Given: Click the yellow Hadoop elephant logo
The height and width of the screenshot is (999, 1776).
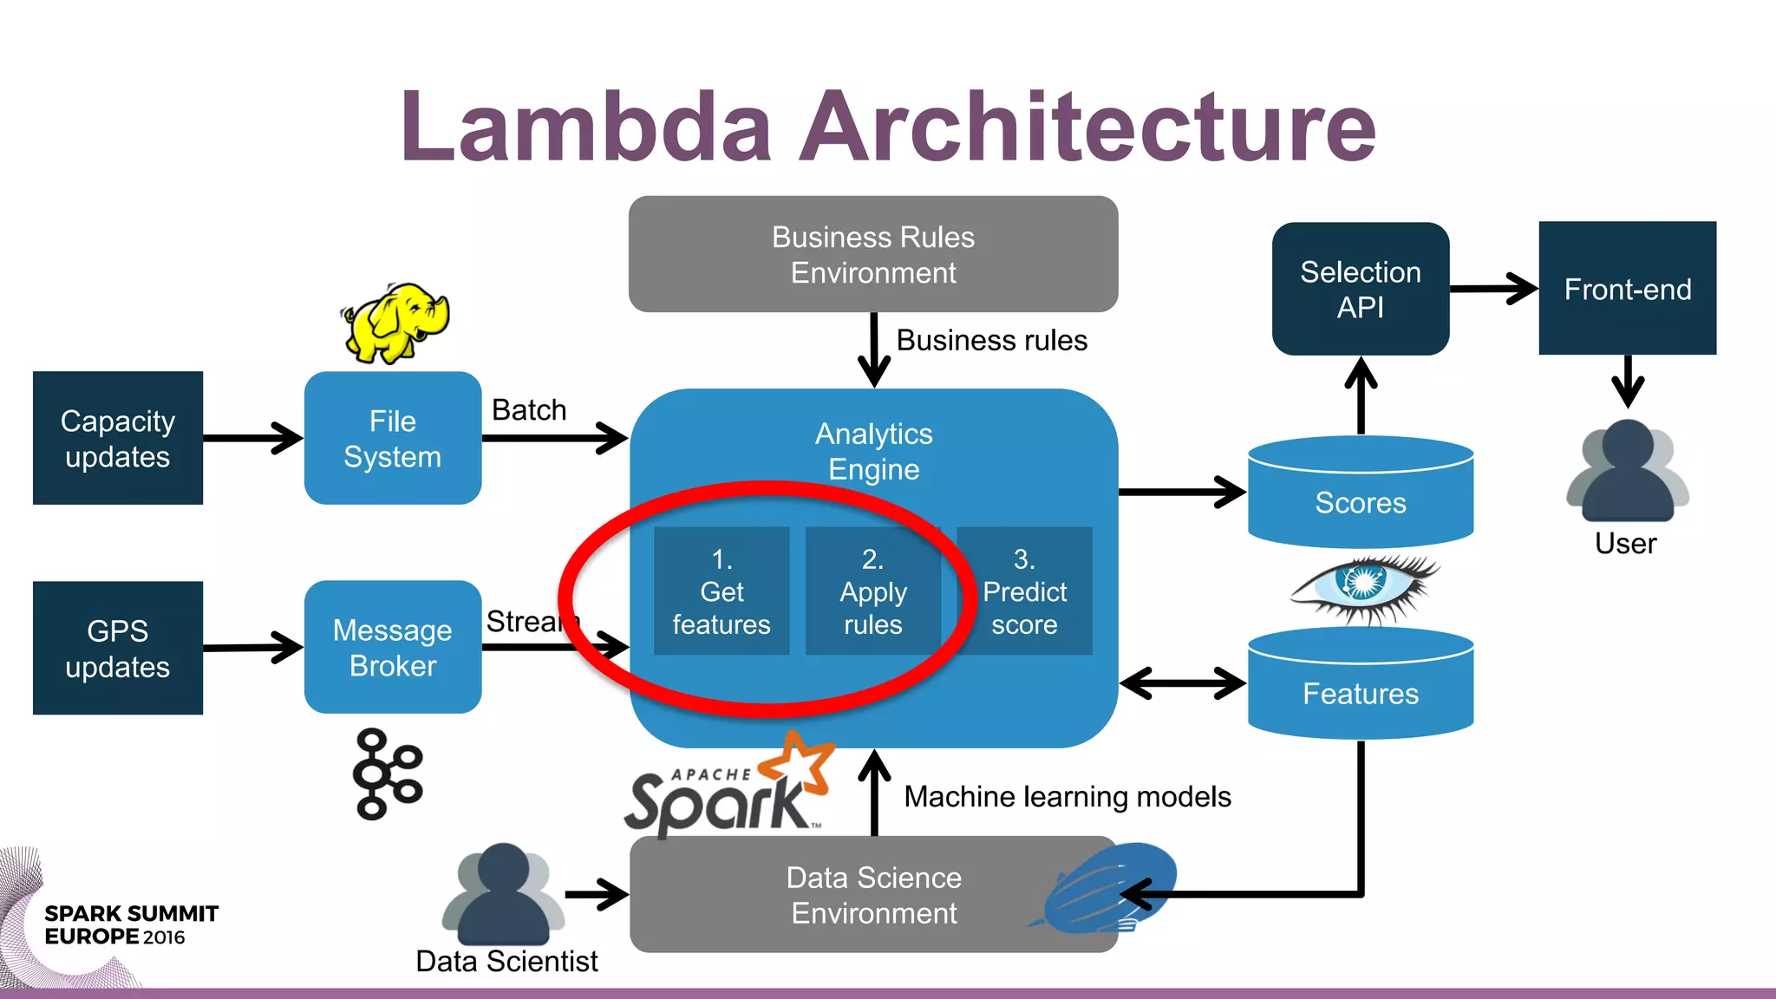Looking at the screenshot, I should coord(395,323).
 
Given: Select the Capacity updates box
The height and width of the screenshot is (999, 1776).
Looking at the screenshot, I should coord(118,438).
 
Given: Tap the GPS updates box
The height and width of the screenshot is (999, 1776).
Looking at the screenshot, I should coord(118,648).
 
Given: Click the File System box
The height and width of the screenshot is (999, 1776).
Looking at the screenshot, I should coord(393,438).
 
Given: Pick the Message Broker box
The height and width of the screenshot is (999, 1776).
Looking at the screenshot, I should coord(393,647).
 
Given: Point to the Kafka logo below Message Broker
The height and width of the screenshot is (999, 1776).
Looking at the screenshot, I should coord(387,774).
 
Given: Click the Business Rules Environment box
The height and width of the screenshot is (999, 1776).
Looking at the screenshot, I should coord(873,254).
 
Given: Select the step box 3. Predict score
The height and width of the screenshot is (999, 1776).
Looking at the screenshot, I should coord(1024,591).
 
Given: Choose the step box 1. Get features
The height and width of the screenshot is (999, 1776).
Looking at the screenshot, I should coord(721,591).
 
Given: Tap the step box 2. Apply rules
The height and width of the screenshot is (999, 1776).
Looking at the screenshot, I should coord(873,591).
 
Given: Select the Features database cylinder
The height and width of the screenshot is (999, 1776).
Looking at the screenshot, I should coord(1361,685).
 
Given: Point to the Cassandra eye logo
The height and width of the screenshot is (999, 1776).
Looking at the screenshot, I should coord(1364,587).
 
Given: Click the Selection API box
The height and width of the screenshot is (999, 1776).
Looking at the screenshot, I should coord(1361,289).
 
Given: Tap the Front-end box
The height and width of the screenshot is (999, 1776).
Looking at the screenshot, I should coord(1628,288).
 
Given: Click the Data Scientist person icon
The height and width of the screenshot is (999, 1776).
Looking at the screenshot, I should coord(504,895).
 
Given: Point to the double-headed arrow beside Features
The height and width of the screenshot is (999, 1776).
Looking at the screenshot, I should coord(1183,682).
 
